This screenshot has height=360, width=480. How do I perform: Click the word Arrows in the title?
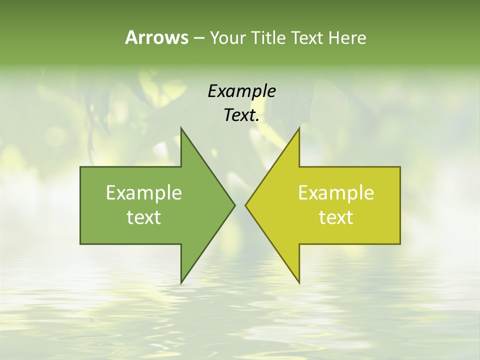click(x=156, y=37)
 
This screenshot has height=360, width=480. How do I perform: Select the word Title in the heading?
click(x=269, y=38)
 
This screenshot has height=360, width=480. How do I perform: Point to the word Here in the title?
click(x=347, y=38)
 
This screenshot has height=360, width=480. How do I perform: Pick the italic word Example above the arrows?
click(x=241, y=91)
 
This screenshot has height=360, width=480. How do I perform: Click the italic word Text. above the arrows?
click(x=241, y=115)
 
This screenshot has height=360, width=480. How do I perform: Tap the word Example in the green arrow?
click(x=143, y=192)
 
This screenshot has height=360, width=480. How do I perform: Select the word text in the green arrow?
click(x=143, y=217)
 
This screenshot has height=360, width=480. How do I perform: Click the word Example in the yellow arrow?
click(x=336, y=192)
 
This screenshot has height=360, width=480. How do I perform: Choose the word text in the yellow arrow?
click(x=336, y=217)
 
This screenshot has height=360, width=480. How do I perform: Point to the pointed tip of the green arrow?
click(x=234, y=205)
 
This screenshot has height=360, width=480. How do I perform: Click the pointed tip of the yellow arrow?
click(x=246, y=205)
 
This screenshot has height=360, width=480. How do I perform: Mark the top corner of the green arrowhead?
click(x=181, y=128)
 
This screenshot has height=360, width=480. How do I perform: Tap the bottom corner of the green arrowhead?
click(x=181, y=282)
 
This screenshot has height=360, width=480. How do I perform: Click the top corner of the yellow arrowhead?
click(x=299, y=128)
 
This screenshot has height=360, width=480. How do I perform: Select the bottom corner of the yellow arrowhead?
click(x=299, y=282)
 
